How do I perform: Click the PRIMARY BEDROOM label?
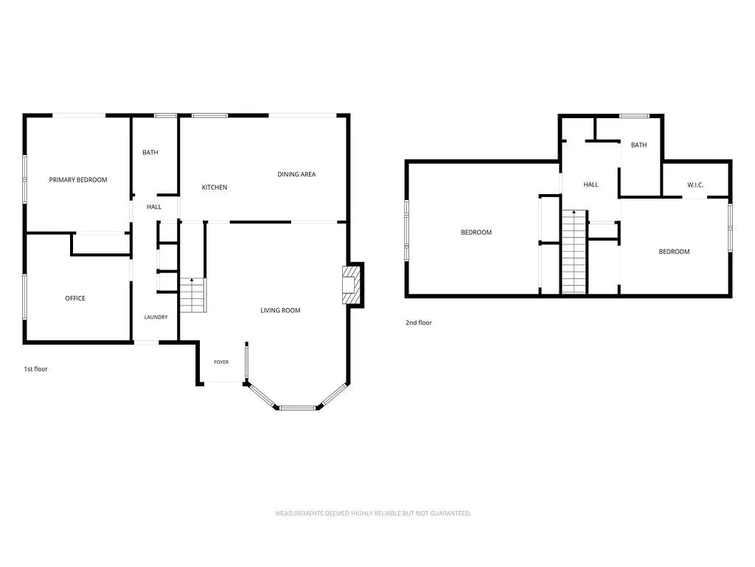coord(78,180)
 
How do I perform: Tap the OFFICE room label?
coord(75,298)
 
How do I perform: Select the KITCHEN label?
coord(215,188)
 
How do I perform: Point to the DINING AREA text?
coord(296,174)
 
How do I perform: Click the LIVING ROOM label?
coord(280,311)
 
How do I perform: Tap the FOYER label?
coord(221,362)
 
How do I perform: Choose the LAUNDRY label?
coord(156,317)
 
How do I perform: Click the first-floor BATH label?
coord(150,152)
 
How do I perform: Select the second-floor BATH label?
coord(639,145)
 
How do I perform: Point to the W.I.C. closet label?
coord(695,185)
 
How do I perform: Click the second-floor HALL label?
coord(591,185)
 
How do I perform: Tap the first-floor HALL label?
coord(154,207)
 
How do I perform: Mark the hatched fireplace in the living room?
coord(351,285)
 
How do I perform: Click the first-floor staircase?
coord(193,295)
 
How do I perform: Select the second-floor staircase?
coord(574,251)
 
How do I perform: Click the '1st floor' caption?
coord(36,369)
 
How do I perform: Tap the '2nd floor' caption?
coord(419,323)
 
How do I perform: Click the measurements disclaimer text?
coord(373,514)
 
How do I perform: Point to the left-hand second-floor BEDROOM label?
coord(476,233)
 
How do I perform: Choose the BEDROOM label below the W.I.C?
coord(674,252)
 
